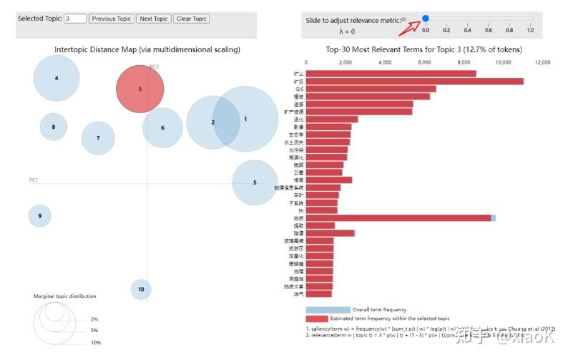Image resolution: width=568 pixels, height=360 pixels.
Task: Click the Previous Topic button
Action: tap(111, 19)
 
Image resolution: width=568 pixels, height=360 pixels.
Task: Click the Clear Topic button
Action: tap(192, 19)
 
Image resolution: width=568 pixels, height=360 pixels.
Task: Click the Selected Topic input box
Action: tap(75, 19)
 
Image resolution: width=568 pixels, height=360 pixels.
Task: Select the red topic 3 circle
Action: tap(140, 89)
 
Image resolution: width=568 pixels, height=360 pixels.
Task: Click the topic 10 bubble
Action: tap(141, 289)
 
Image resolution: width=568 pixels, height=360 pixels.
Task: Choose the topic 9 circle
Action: tap(40, 215)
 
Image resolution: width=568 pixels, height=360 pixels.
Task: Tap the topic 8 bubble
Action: tap(53, 127)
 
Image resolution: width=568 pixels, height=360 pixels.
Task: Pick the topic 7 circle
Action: tap(98, 138)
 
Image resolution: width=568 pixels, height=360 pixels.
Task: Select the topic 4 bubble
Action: tap(57, 78)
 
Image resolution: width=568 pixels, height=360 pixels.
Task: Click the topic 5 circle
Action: tap(255, 183)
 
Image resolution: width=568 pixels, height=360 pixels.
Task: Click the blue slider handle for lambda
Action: tap(426, 19)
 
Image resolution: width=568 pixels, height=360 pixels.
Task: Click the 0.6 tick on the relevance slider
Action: tap(489, 30)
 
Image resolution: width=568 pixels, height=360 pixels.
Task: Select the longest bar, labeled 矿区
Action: tap(415, 81)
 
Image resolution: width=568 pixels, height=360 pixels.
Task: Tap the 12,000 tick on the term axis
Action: tap(542, 62)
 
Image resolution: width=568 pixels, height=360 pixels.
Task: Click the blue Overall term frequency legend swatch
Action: tap(328, 309)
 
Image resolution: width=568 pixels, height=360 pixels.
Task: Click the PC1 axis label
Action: tap(33, 180)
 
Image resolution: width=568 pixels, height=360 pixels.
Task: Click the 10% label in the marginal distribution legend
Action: tap(95, 343)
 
